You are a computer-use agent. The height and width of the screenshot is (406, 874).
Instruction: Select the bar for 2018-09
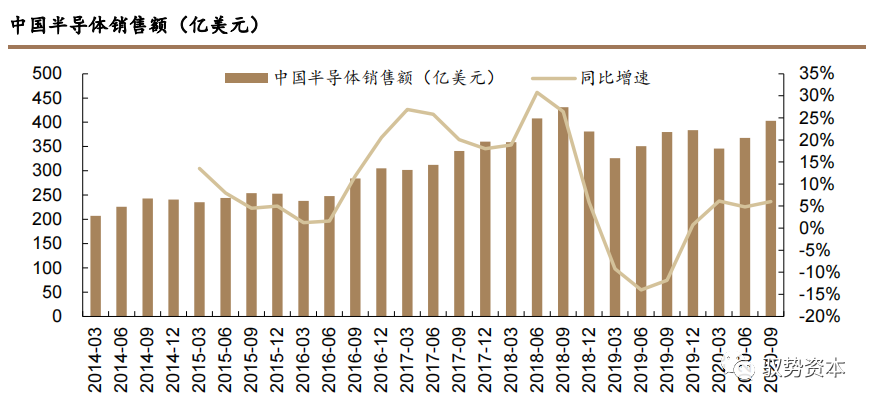(563, 212)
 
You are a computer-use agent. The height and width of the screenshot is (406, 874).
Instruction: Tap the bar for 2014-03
(96, 266)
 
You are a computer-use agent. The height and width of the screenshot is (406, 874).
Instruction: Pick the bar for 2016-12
(381, 242)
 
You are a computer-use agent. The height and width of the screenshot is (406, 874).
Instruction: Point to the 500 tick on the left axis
(46, 74)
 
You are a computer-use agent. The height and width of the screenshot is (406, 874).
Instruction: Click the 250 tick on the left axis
(46, 195)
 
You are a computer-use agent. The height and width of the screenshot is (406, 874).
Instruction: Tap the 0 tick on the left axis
(57, 316)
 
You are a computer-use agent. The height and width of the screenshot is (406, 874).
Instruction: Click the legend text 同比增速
(615, 77)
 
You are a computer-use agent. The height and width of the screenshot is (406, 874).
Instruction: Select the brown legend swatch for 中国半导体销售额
(245, 77)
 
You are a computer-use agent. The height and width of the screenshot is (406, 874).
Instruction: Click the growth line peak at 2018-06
(537, 93)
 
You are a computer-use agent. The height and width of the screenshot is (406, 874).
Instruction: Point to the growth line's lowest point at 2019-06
(641, 289)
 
